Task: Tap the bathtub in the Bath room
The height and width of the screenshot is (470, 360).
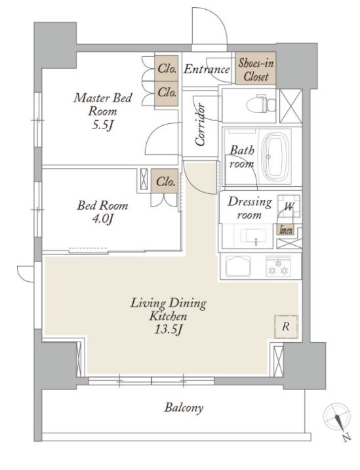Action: (276, 156)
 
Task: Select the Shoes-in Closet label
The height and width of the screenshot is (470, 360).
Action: (256, 69)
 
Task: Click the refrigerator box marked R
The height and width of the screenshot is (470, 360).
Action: (287, 326)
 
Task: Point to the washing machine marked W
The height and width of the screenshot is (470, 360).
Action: (289, 206)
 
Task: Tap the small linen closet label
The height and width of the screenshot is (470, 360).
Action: (286, 230)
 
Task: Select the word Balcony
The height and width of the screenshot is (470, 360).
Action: (184, 408)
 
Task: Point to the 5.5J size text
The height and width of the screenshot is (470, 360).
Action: (102, 125)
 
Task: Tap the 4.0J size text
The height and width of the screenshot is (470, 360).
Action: (102, 219)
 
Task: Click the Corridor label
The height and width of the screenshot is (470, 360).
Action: (200, 125)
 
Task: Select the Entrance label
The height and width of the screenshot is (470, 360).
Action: (207, 69)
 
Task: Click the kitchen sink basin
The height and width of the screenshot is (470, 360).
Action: (238, 267)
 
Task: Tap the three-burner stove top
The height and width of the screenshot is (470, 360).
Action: (278, 266)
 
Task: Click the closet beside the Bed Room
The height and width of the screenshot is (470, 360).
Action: (165, 181)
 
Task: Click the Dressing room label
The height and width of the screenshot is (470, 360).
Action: (249, 208)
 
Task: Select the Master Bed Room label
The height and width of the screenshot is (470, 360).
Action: (102, 104)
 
